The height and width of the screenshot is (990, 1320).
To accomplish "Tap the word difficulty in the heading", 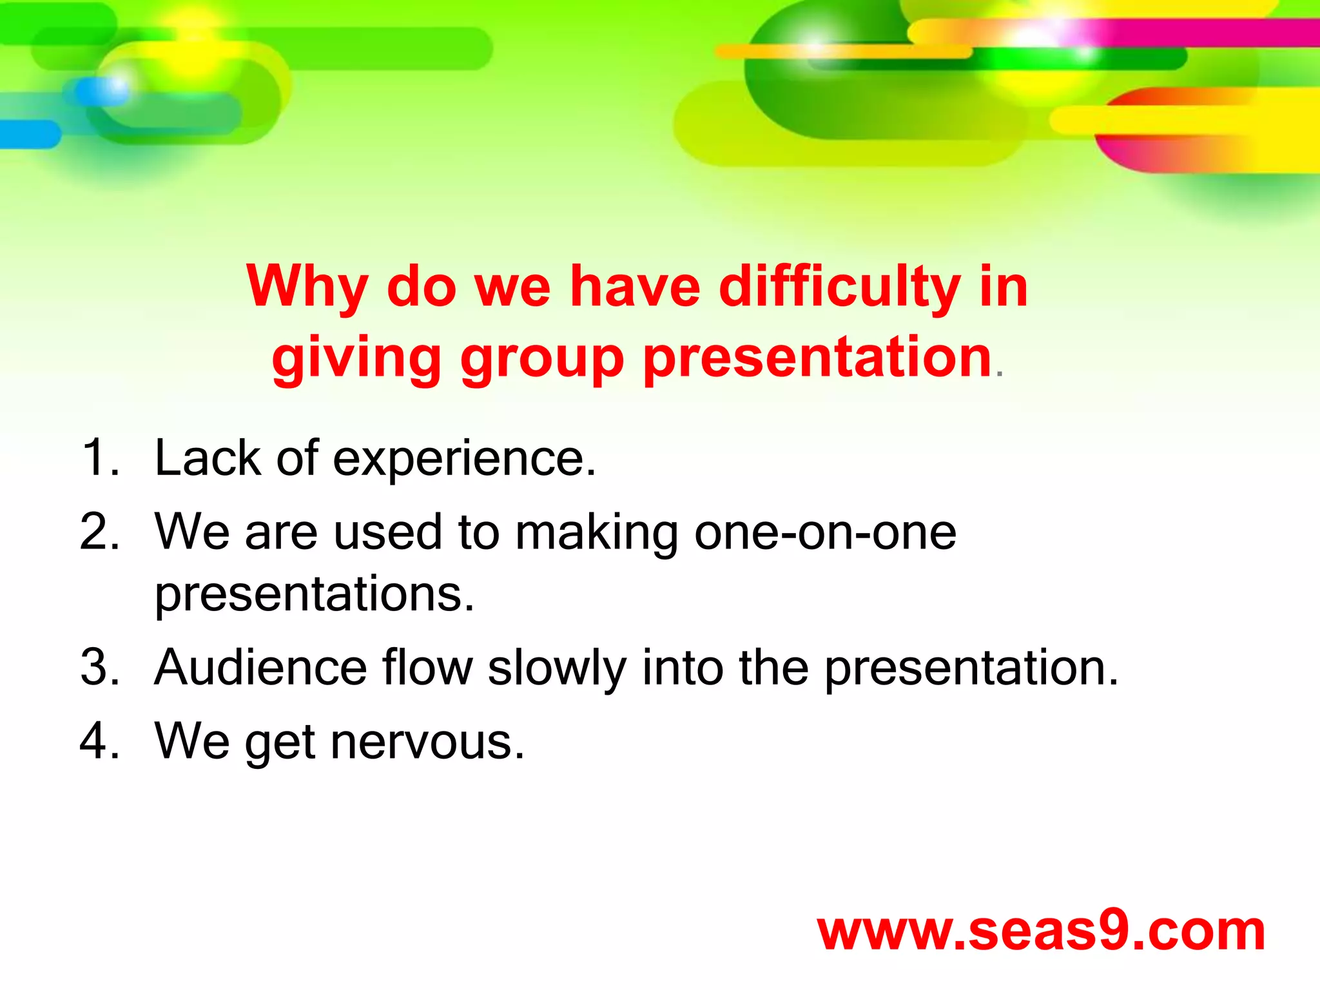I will (839, 286).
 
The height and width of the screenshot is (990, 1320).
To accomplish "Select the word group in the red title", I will (541, 360).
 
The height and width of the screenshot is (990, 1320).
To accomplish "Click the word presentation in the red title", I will (817, 358).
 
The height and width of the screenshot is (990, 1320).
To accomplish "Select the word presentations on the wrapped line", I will (314, 594).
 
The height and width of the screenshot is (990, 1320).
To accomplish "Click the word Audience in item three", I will (260, 667).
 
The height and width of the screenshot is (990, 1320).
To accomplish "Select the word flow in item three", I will (427, 667).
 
